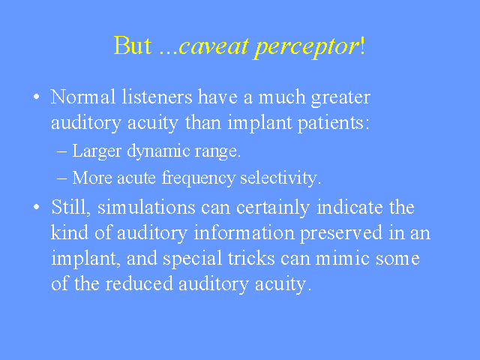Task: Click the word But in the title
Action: click(x=133, y=46)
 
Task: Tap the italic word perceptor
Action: click(x=307, y=48)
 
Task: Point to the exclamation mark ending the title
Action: click(x=363, y=46)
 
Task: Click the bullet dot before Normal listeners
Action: click(x=37, y=97)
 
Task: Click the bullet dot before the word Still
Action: click(x=37, y=207)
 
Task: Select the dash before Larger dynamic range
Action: click(x=61, y=151)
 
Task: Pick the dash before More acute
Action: click(x=61, y=178)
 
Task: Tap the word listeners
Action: click(x=157, y=97)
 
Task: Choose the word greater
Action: click(x=340, y=98)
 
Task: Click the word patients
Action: click(x=333, y=123)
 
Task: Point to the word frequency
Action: click(x=198, y=178)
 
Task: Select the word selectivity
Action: click(x=280, y=178)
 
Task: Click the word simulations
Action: click(x=146, y=207)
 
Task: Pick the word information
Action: click(x=244, y=232)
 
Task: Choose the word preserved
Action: click(x=341, y=234)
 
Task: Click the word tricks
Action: click(x=251, y=258)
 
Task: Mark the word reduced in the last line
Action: click(x=139, y=283)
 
